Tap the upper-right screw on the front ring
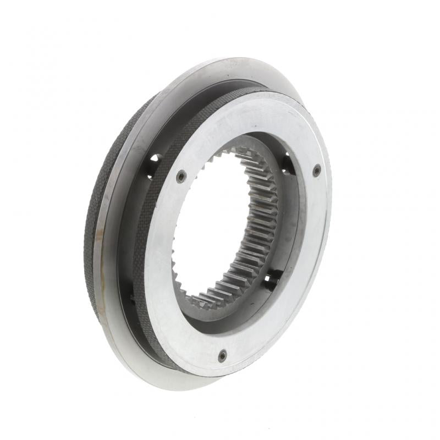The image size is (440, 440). [317, 170]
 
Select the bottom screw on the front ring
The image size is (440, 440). [222, 356]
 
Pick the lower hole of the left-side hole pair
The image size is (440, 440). [150, 175]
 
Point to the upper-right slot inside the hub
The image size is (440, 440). [287, 163]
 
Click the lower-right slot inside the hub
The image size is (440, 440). [271, 280]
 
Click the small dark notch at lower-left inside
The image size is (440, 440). [133, 298]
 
